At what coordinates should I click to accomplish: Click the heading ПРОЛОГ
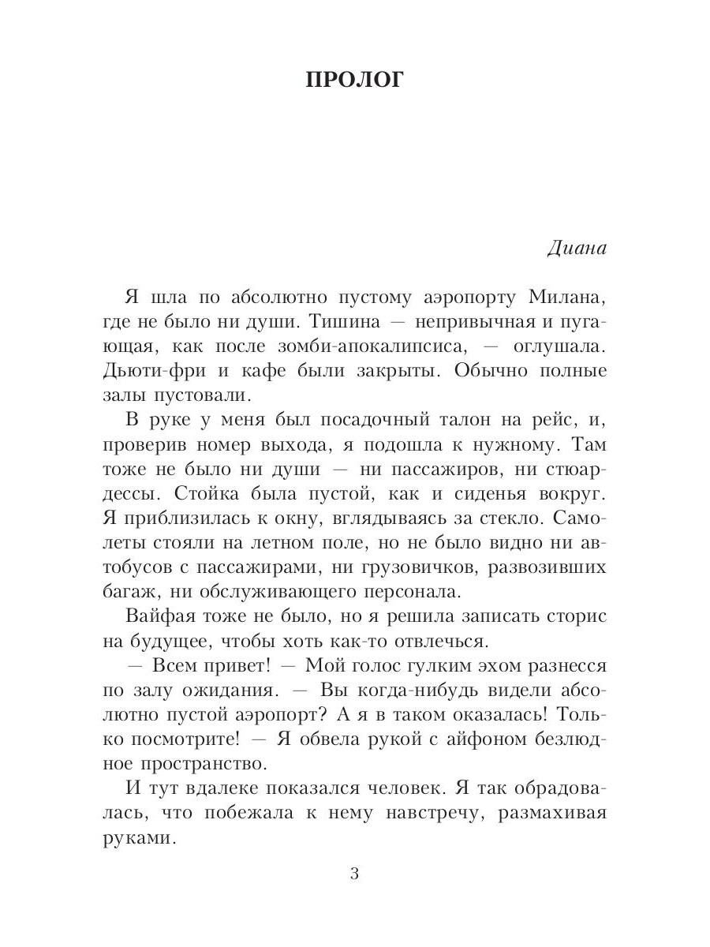354,80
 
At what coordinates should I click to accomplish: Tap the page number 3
354,875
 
